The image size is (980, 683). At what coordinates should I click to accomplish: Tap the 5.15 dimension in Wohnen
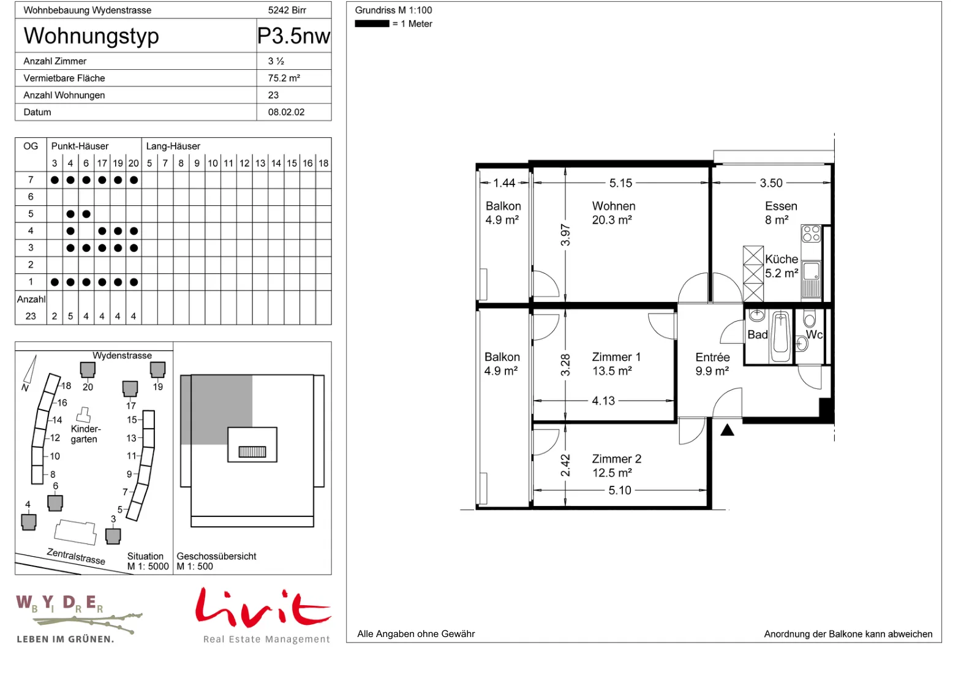pyautogui.click(x=620, y=183)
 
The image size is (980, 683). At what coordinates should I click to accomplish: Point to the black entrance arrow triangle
pyautogui.click(x=727, y=430)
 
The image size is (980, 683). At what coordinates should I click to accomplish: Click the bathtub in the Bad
pyautogui.click(x=780, y=336)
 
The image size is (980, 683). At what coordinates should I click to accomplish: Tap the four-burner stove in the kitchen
pyautogui.click(x=811, y=233)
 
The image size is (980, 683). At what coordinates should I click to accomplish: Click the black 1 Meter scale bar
pyautogui.click(x=372, y=24)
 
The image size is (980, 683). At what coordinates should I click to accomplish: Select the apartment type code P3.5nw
pyautogui.click(x=293, y=36)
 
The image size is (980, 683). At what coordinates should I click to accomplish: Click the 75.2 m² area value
pyautogui.click(x=284, y=78)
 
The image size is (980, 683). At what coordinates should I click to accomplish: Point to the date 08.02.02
pyautogui.click(x=286, y=112)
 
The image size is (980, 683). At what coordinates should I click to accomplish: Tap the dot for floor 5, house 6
pyautogui.click(x=86, y=214)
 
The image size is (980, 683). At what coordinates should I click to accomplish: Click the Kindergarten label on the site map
pyautogui.click(x=86, y=434)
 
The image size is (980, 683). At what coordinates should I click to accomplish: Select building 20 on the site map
pyautogui.click(x=88, y=370)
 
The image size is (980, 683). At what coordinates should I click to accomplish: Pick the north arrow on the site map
pyautogui.click(x=30, y=370)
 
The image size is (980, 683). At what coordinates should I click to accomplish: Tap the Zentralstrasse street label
pyautogui.click(x=76, y=557)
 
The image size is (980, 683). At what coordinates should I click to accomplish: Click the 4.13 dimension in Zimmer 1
pyautogui.click(x=603, y=401)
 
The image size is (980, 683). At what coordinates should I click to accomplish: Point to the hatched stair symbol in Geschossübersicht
pyautogui.click(x=252, y=451)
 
